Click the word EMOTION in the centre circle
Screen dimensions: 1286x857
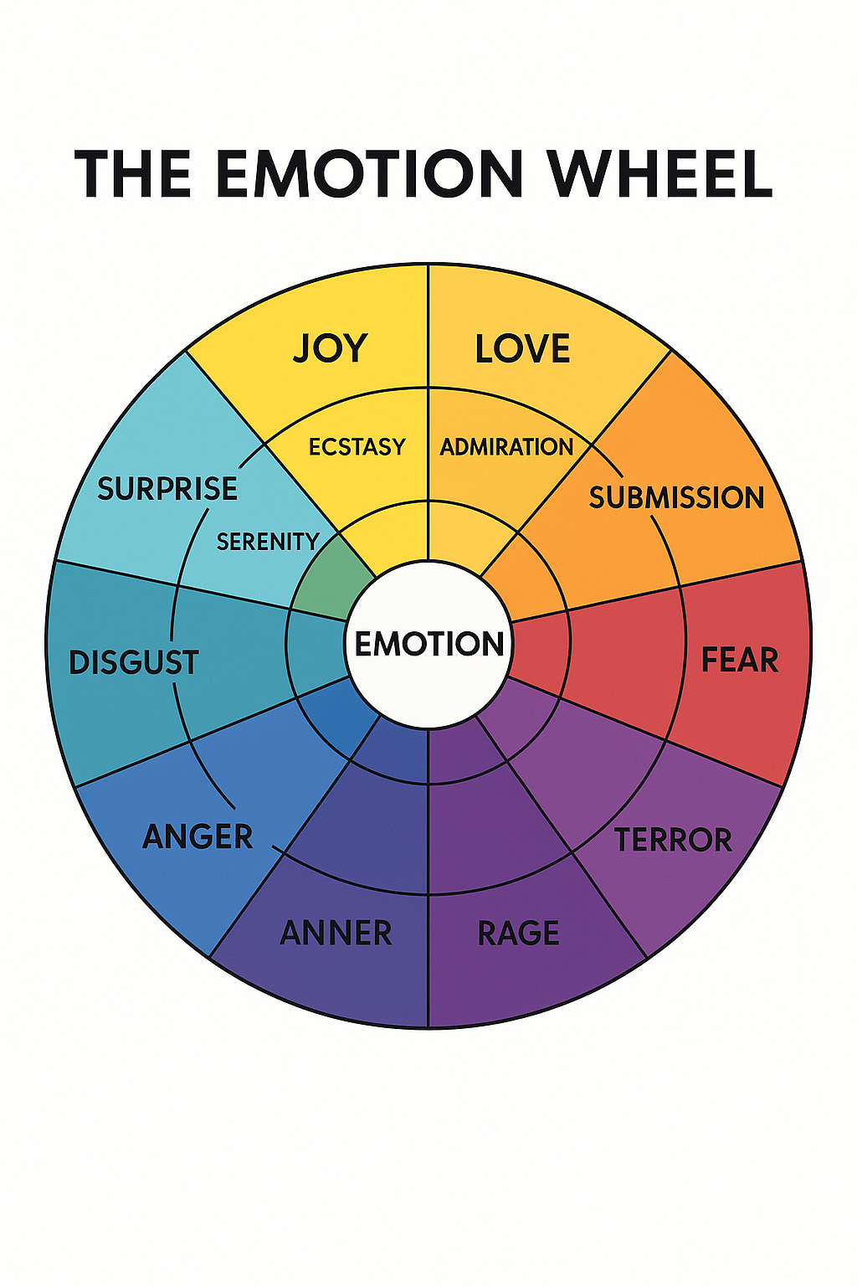point(428,644)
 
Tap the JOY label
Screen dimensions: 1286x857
point(330,348)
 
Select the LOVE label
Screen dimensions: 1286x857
point(522,348)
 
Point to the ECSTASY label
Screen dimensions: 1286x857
point(357,446)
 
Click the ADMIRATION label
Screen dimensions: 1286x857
point(506,446)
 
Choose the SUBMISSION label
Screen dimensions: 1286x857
point(676,497)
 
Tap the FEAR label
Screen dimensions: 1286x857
point(739,660)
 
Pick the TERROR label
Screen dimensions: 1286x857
point(673,840)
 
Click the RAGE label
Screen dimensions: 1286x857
point(518,933)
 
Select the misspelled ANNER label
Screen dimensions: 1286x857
point(336,933)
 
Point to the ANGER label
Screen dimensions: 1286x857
point(198,836)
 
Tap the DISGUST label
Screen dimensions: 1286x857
point(133,662)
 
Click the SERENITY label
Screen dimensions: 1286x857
point(267,542)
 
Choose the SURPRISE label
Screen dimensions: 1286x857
point(167,488)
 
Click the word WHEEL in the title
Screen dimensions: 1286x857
point(659,174)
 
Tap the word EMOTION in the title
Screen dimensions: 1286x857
point(369,174)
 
